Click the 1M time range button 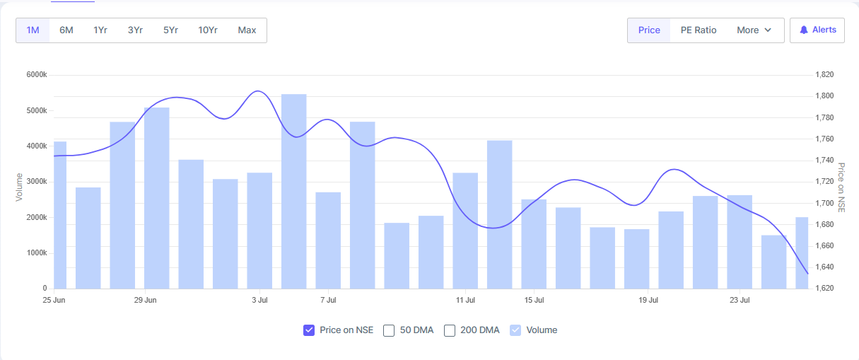click(33, 30)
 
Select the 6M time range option click(66, 30)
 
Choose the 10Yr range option click(208, 30)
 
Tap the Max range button click(247, 30)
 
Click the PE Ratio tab click(699, 30)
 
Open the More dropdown click(754, 30)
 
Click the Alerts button click(817, 30)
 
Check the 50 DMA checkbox click(389, 330)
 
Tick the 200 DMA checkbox click(450, 330)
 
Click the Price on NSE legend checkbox click(309, 330)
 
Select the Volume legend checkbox click(515, 330)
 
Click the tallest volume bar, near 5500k click(294, 191)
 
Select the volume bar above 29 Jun click(157, 198)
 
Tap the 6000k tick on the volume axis click(35, 75)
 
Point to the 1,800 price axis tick click(825, 96)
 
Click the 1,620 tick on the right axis click(825, 289)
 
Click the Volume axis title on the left click(20, 187)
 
